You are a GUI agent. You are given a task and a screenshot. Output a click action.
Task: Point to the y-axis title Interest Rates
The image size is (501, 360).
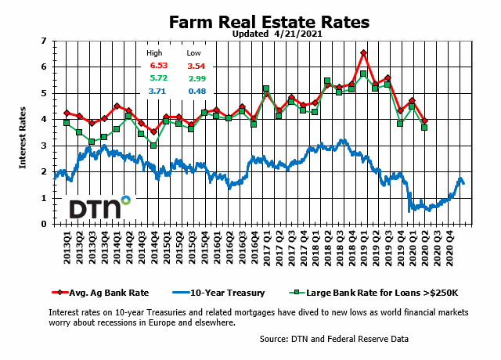coord(23,132)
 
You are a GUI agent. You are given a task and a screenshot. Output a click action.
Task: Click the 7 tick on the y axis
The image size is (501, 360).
coord(44,40)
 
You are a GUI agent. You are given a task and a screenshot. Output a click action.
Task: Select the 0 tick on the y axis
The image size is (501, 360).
coord(44,224)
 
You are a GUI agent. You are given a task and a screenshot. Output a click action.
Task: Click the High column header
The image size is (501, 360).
coord(155,53)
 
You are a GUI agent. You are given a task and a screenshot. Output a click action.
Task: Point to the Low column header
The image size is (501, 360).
coord(193,53)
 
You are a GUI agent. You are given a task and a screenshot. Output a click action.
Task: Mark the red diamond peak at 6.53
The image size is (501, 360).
coord(363,53)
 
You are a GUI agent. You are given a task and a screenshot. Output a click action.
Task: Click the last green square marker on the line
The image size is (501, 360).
coord(424,128)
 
